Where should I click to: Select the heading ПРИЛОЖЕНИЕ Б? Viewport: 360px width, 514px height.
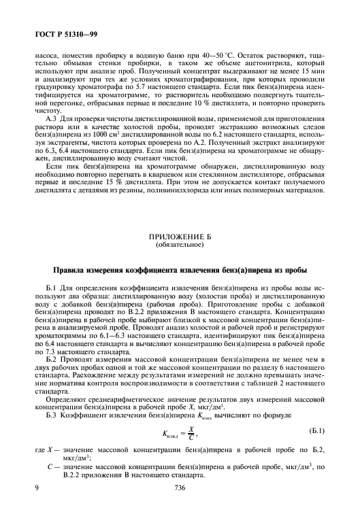(180, 236)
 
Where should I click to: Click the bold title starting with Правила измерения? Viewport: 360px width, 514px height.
(180, 269)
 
